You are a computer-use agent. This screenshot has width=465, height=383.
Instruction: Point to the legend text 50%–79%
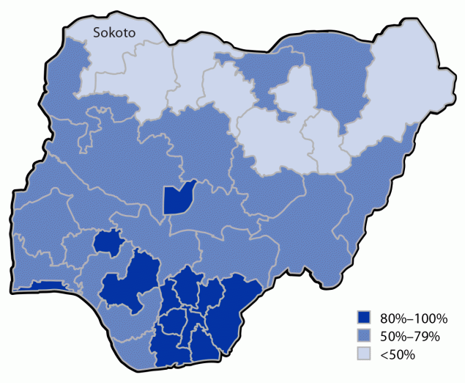409,337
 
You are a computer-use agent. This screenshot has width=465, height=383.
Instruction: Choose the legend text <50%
398,355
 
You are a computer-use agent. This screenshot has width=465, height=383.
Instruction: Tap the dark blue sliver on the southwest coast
40,285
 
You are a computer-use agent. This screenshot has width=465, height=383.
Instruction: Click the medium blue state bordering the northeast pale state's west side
337,81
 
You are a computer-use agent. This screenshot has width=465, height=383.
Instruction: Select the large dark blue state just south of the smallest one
132,282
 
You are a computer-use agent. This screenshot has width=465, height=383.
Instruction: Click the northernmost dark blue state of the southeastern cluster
189,286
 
